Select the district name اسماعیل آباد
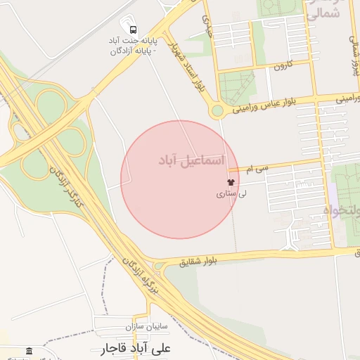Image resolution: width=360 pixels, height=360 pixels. coord(191,162)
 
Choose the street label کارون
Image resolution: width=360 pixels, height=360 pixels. coord(283,65)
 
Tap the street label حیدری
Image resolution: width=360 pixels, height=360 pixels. coord(207,25)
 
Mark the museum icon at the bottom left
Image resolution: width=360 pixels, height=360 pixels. coord(29,351)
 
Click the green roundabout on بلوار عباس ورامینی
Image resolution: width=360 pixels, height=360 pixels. coord(217,110)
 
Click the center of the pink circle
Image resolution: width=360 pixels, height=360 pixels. coord(179,179)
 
